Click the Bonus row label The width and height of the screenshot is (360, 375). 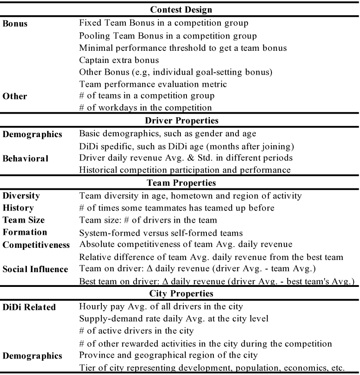point(15,24)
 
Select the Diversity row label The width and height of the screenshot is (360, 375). point(21,196)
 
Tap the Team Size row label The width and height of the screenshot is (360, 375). point(23,220)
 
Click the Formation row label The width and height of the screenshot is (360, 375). point(25,232)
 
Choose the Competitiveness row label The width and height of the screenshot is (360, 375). point(36,245)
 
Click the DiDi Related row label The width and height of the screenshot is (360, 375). point(29,307)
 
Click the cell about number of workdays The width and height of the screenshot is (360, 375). point(145,107)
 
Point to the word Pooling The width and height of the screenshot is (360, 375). point(94,36)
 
